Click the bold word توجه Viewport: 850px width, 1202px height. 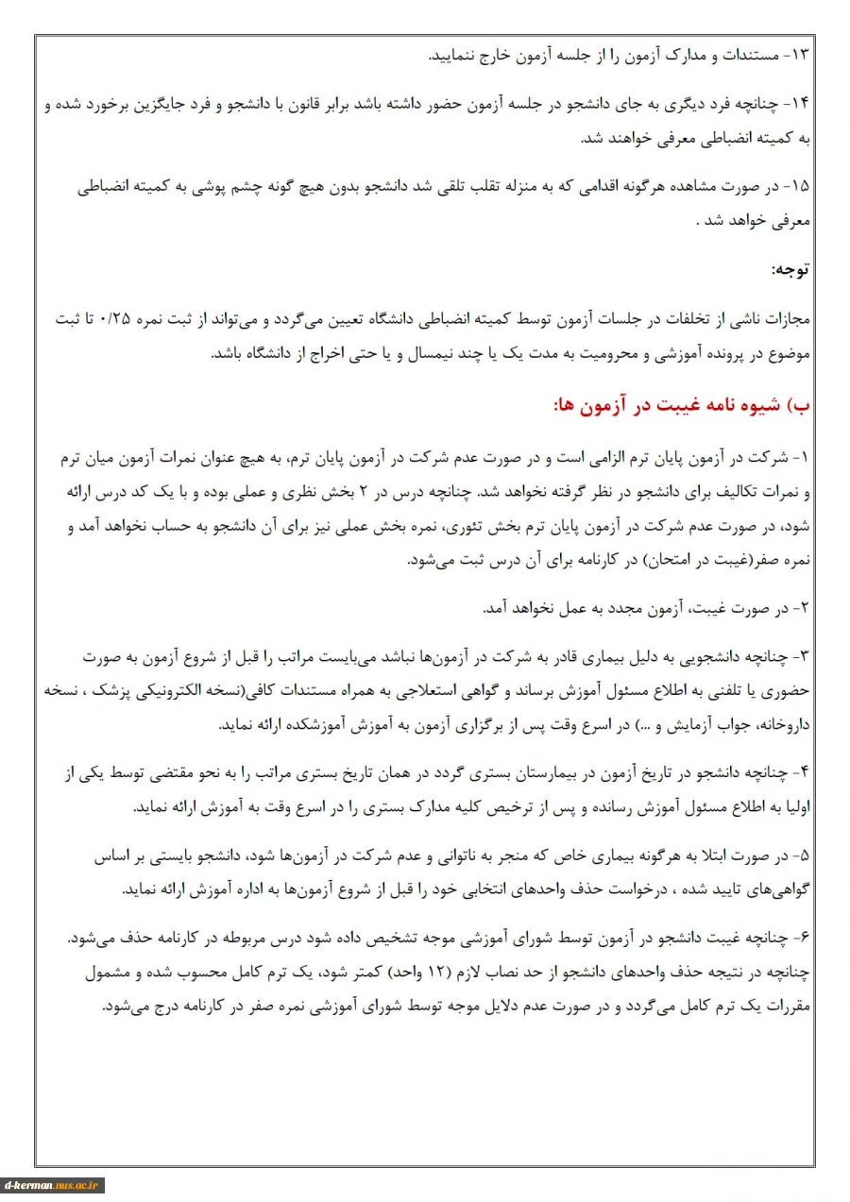click(x=790, y=269)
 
